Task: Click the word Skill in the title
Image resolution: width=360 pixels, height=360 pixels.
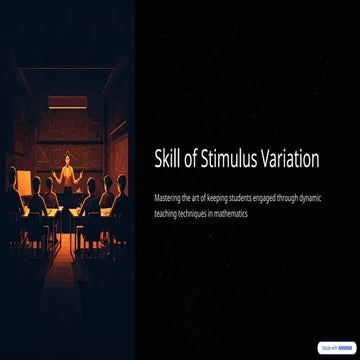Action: [x=167, y=159]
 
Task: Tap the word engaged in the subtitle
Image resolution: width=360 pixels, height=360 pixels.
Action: [x=269, y=198]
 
